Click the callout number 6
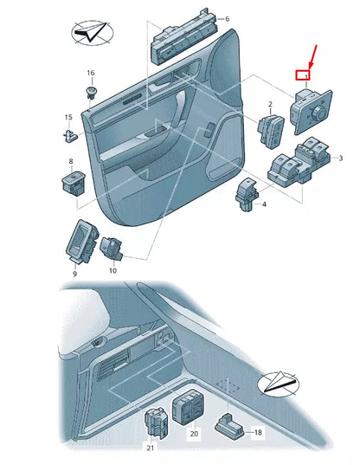point(227,18)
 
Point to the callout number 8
point(71,162)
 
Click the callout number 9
point(74,274)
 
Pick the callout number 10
point(112,271)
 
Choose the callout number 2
point(270,104)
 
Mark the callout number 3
point(340,158)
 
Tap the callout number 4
point(264,204)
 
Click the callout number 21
point(151,449)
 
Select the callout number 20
point(193,432)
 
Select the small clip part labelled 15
point(68,132)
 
